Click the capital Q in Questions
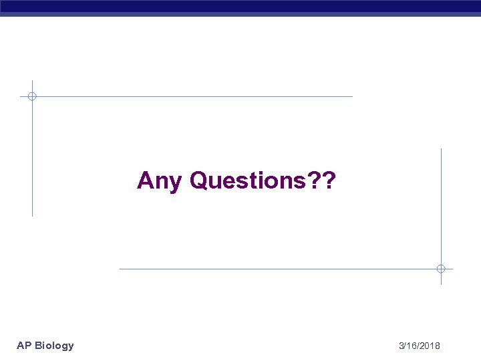click(x=200, y=180)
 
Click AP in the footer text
click(x=24, y=346)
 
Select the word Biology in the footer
click(x=55, y=346)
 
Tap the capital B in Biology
click(x=39, y=346)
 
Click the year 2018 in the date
click(x=430, y=346)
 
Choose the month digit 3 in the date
click(x=401, y=346)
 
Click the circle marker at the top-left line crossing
click(x=32, y=96)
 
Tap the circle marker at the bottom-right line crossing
click(x=441, y=269)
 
